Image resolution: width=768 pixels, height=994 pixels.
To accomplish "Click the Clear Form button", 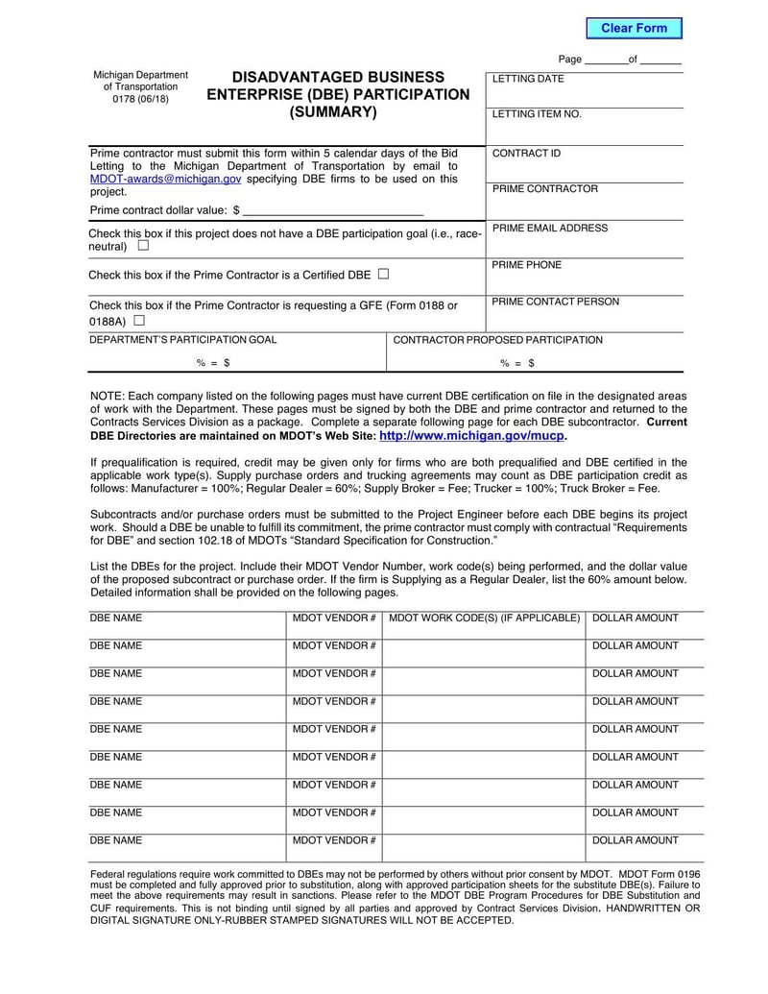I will coord(634,28).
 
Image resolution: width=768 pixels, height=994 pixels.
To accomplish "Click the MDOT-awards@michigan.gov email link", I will coord(165,179).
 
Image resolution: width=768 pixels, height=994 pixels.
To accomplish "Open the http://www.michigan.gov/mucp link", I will coord(472,435).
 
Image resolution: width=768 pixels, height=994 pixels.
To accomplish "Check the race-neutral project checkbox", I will coord(143,246).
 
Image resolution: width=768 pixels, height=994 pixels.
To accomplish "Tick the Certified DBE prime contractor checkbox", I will coord(384,274).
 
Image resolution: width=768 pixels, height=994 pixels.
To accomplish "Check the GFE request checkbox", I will coord(139,320).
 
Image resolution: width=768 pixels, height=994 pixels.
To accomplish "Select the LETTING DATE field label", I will coord(528,79).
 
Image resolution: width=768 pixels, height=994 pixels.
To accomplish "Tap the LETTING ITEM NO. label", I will coord(537,114).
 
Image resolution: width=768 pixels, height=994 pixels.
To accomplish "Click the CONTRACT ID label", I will coord(526,154).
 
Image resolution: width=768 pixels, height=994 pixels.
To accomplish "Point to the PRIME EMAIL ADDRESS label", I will coord(549,229).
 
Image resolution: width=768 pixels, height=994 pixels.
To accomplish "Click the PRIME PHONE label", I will coord(526,265).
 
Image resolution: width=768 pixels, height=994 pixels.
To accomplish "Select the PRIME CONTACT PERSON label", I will coord(555,302).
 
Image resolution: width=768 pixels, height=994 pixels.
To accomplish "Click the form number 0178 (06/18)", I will coord(140,99).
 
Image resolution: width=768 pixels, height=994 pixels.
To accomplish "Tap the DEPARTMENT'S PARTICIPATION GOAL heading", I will coord(182,340).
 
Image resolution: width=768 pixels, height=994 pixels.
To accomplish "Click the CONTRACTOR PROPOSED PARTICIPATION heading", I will coord(498,340).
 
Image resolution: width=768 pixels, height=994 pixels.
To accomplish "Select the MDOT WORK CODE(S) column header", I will coord(484,618).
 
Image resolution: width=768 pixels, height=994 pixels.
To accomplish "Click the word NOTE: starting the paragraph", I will coord(108,396).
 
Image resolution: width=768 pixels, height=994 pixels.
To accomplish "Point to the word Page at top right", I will coord(569,60).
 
